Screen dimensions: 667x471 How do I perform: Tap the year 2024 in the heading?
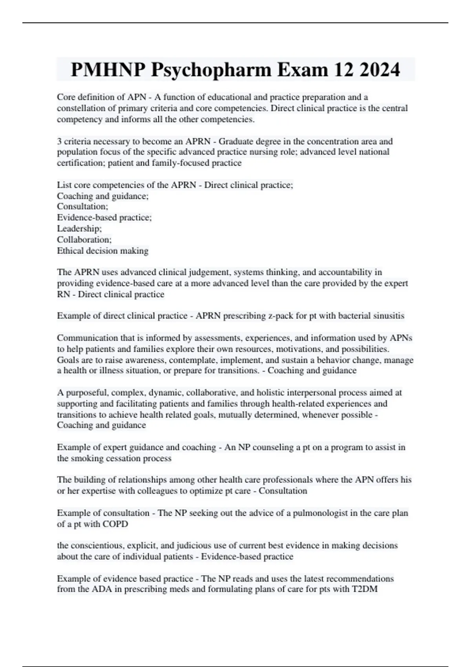[379, 70]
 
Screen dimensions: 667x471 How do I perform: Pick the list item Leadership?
[79, 228]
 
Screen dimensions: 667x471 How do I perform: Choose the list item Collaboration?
[84, 239]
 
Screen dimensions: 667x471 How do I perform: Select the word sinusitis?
[387, 316]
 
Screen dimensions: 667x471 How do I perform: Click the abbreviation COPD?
[115, 524]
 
